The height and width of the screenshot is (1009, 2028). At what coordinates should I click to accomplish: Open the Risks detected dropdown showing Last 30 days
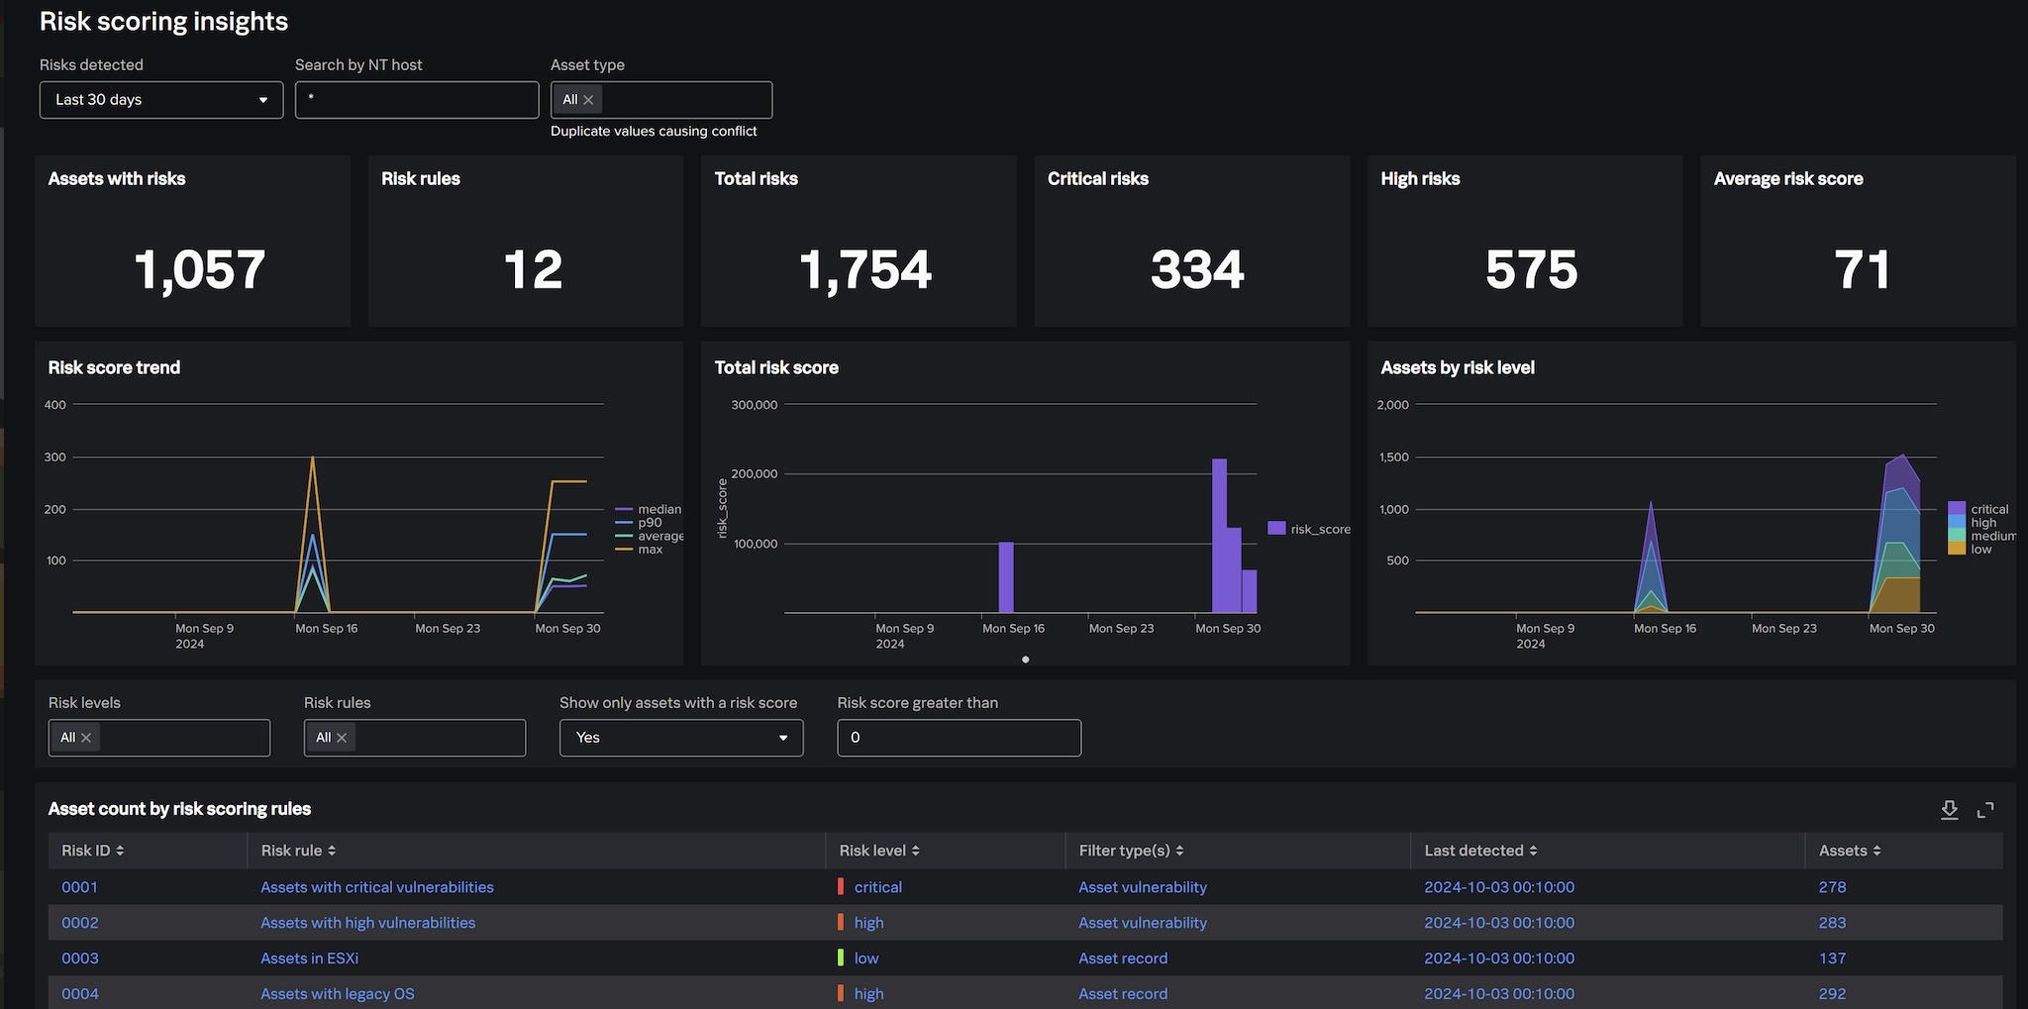[160, 100]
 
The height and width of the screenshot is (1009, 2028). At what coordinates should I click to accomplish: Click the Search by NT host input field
[416, 100]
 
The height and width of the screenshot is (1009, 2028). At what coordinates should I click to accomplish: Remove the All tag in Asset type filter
[588, 100]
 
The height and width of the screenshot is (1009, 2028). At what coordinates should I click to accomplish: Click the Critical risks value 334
[1196, 269]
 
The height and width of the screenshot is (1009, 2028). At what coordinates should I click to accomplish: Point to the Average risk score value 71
[1862, 269]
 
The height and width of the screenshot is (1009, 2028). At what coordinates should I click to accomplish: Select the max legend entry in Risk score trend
[650, 550]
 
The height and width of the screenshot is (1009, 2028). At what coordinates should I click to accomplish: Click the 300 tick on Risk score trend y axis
[55, 457]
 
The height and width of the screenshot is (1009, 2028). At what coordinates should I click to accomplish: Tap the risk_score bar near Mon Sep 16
[1006, 577]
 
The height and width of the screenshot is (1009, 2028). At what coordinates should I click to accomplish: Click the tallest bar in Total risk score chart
[1219, 535]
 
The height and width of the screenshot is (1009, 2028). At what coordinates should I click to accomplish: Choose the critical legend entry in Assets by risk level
[1988, 509]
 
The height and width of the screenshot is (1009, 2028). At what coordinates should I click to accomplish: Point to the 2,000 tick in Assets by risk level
[1392, 405]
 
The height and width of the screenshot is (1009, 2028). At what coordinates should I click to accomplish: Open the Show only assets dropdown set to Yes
[680, 738]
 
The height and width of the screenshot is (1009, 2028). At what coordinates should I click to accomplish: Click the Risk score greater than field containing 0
[959, 738]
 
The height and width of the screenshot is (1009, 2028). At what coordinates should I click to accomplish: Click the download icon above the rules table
[1949, 810]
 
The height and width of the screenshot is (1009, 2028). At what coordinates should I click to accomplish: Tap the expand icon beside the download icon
[1985, 810]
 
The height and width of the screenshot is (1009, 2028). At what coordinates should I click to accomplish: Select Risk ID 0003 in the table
[80, 959]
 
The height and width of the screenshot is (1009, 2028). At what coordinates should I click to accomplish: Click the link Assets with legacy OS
[338, 994]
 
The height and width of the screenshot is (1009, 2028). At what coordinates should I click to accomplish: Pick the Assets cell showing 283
[1832, 923]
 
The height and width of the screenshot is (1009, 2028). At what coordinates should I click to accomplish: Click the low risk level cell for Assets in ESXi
[865, 959]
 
